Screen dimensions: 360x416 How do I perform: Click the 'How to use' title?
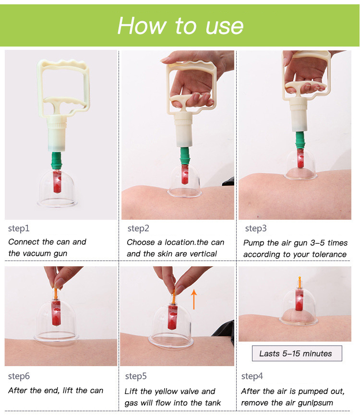[x=180, y=25]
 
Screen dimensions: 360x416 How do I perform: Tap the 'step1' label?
[x=19, y=228]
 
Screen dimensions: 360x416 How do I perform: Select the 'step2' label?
[x=138, y=228]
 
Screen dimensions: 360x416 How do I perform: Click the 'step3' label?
[x=256, y=228]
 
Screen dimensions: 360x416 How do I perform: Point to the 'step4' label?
[x=252, y=376]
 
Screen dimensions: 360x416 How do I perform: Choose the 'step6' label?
[x=19, y=376]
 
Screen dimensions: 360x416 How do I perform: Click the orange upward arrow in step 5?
[x=194, y=299]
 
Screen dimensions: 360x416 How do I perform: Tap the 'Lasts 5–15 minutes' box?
[x=297, y=354]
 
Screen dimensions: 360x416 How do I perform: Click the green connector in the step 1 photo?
[x=57, y=161]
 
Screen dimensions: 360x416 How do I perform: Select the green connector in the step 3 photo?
[x=300, y=141]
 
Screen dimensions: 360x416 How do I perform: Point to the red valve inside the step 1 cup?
[x=57, y=182]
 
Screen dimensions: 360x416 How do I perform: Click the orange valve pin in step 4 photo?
[x=300, y=283]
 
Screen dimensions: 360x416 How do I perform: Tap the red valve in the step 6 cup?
[x=56, y=313]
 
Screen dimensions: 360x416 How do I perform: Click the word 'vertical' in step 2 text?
[x=204, y=254]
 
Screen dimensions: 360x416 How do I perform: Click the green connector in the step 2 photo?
[x=185, y=156]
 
